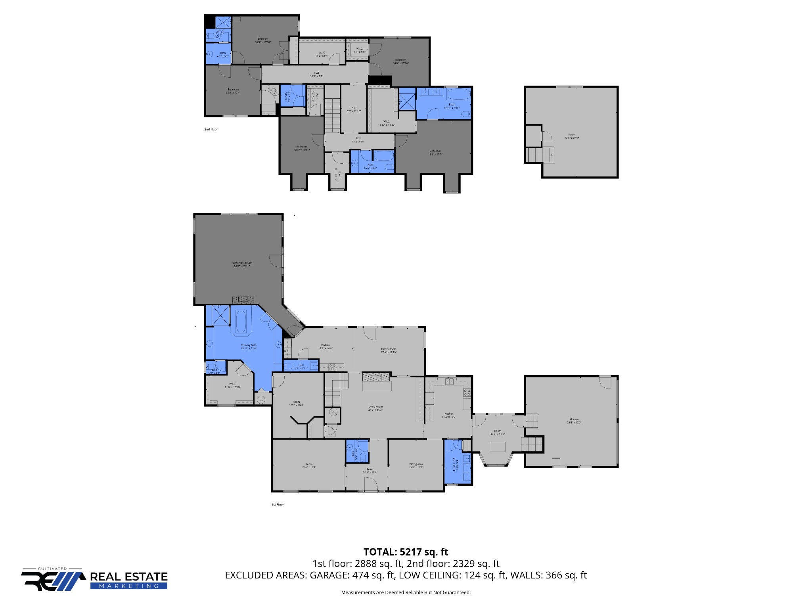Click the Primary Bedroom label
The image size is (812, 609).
(242, 263)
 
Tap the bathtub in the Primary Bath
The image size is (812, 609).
(241, 322)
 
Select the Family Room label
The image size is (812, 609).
(389, 349)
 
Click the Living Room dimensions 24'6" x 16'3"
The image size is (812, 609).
(375, 410)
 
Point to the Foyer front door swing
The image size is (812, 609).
(371, 485)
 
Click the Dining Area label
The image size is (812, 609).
(416, 464)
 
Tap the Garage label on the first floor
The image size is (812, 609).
(574, 419)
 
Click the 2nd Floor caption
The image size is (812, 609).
(211, 129)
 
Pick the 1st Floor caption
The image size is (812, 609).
(278, 505)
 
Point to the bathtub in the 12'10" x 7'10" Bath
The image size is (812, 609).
(459, 95)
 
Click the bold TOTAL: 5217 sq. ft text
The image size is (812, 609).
(406, 552)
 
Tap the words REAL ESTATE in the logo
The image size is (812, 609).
(129, 576)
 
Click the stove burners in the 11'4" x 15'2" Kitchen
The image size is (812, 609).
(467, 393)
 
